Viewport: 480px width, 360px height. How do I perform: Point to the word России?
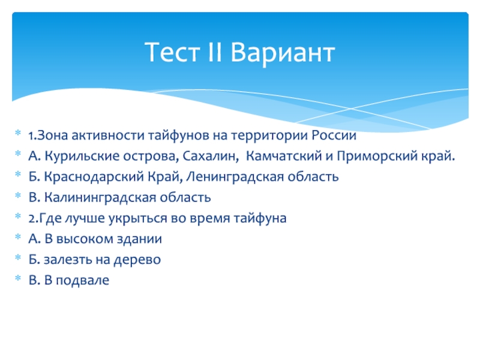coord(334,135)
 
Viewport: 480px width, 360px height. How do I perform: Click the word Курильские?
coord(82,156)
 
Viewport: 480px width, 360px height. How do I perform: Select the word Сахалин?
coord(211,156)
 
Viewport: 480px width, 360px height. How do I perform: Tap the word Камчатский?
coord(284,156)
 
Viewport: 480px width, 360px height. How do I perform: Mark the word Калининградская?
coord(100,198)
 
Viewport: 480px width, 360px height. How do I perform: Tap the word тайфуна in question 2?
coord(260,218)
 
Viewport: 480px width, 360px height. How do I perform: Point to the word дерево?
coord(137,260)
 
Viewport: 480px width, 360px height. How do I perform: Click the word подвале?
coord(82,280)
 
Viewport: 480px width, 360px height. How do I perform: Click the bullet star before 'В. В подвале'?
coord(18,278)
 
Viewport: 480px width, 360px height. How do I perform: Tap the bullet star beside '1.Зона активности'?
coord(18,133)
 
